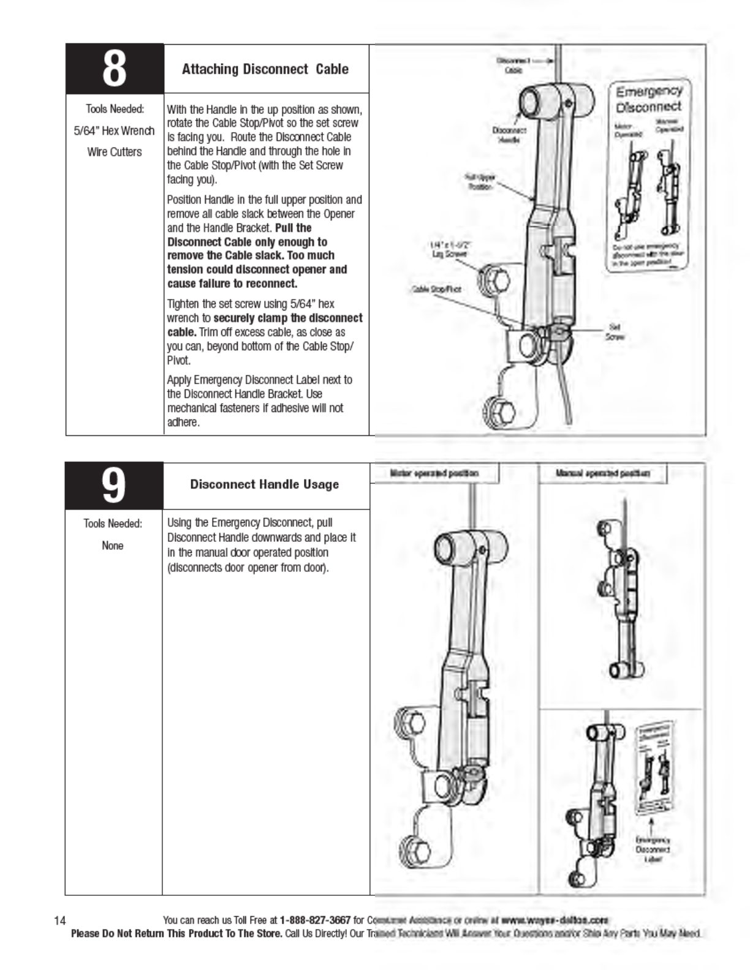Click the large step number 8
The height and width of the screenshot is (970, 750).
point(115,69)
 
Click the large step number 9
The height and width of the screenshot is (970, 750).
point(114,486)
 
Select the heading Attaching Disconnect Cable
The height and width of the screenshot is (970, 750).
point(265,69)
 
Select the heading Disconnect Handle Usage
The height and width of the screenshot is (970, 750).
point(264,484)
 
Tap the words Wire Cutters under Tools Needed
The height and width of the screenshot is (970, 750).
point(114,152)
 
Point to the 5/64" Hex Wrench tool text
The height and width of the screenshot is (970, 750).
point(114,131)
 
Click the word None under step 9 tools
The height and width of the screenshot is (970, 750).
point(113,546)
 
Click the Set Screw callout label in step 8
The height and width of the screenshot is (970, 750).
point(615,332)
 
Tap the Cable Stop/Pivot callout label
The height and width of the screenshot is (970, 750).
point(436,289)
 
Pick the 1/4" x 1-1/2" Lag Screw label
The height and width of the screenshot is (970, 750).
point(450,249)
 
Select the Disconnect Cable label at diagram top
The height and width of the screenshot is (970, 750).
point(513,66)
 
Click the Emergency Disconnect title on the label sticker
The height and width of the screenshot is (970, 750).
point(649,99)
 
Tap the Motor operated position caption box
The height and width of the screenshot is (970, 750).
point(434,473)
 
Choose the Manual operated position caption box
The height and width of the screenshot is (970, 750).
point(602,473)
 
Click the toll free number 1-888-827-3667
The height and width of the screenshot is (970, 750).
point(315,920)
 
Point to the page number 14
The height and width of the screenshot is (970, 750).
point(59,920)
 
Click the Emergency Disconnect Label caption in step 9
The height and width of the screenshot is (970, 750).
point(653,849)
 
